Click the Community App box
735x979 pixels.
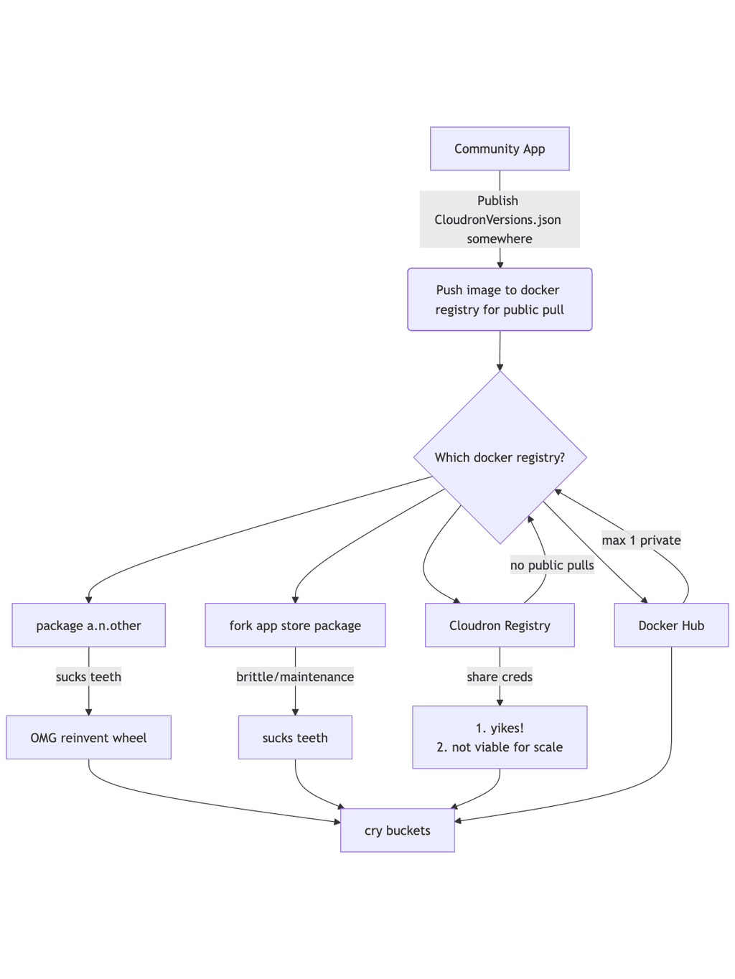(500, 149)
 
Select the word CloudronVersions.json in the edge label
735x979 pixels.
(497, 220)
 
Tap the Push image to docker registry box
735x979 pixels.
(500, 299)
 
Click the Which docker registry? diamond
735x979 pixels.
(500, 457)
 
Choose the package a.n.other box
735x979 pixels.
(88, 625)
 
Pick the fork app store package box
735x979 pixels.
(295, 625)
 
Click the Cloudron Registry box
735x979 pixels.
(500, 625)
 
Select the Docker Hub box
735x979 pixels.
(671, 625)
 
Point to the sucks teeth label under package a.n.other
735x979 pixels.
(88, 677)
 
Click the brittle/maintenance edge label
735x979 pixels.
(295, 677)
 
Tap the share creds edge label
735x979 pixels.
(500, 677)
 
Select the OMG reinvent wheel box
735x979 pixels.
(88, 737)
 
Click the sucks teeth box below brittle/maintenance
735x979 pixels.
(295, 737)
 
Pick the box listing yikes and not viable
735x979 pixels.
(500, 737)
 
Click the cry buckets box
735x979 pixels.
(397, 830)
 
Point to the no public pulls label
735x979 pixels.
(552, 565)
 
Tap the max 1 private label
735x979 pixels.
(641, 540)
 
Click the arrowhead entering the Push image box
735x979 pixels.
(500, 264)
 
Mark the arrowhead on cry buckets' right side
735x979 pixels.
(459, 820)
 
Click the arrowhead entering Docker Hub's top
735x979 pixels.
(644, 600)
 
